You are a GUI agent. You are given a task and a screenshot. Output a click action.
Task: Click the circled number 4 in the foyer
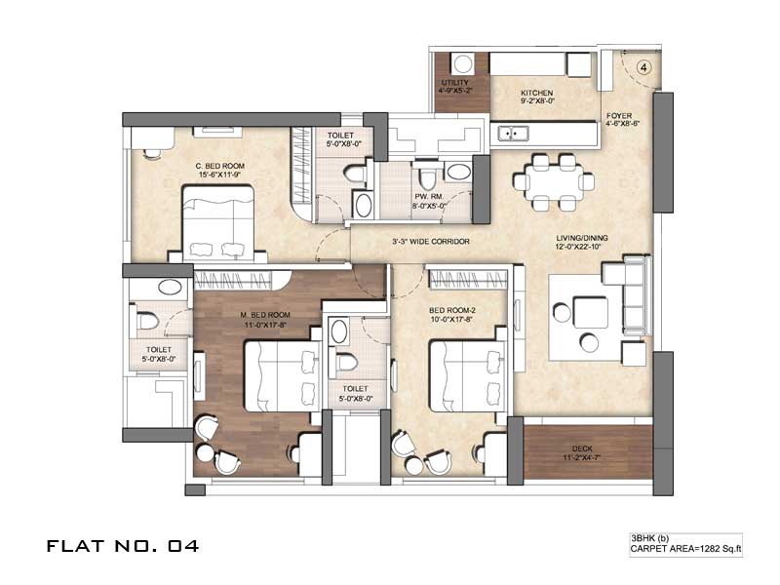[x=643, y=67]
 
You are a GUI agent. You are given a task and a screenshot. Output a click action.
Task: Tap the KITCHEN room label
[x=537, y=93]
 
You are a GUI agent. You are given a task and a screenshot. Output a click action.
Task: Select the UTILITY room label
[x=455, y=82]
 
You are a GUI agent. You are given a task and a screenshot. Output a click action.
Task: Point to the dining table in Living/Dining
[x=554, y=182]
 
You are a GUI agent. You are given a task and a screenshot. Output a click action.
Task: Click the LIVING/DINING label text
[x=581, y=238]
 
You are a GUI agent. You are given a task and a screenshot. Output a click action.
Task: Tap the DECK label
[x=582, y=448]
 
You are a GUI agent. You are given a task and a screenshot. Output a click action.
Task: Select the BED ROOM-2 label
[x=452, y=310]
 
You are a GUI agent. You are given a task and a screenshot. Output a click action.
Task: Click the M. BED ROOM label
[x=264, y=315]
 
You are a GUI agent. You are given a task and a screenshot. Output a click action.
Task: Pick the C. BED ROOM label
[x=220, y=166]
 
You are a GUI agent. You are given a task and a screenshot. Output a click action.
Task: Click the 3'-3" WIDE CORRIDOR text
[x=431, y=241]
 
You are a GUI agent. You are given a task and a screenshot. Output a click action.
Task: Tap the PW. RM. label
[x=429, y=197]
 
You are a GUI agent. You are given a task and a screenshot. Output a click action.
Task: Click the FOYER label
[x=619, y=115]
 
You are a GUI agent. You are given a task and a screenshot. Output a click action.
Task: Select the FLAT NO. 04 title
[x=123, y=546]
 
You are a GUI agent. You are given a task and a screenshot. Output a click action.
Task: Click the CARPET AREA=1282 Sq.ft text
[x=686, y=549]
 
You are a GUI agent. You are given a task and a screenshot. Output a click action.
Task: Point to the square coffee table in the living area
[x=591, y=312]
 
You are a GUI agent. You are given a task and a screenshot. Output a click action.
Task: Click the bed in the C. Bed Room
[x=218, y=223]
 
